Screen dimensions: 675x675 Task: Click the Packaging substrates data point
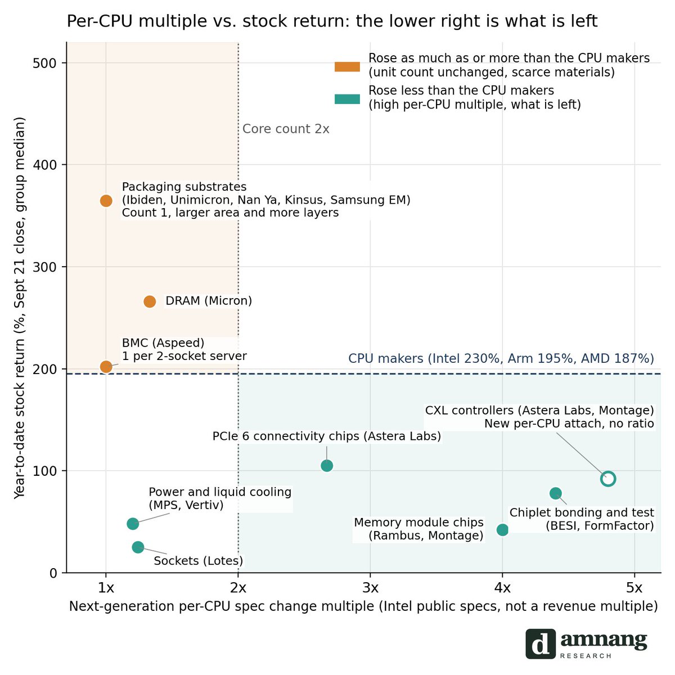(x=106, y=201)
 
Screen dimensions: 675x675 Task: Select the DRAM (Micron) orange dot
(x=150, y=301)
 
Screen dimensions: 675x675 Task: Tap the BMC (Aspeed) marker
(x=106, y=367)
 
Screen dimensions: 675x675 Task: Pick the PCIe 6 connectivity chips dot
(x=327, y=466)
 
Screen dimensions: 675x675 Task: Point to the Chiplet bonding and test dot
(x=556, y=493)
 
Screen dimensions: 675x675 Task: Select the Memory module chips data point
(x=503, y=530)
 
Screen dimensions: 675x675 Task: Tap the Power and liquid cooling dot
(x=133, y=524)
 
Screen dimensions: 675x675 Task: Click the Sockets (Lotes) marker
(x=138, y=547)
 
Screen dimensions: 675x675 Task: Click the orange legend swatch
(x=347, y=66)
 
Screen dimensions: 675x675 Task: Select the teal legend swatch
(x=347, y=99)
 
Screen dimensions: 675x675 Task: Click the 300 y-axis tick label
(x=44, y=267)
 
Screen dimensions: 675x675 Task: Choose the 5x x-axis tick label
(x=634, y=587)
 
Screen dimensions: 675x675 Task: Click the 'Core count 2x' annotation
(x=286, y=129)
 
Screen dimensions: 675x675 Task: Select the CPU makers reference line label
(x=501, y=358)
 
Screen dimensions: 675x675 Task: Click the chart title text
(x=332, y=21)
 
